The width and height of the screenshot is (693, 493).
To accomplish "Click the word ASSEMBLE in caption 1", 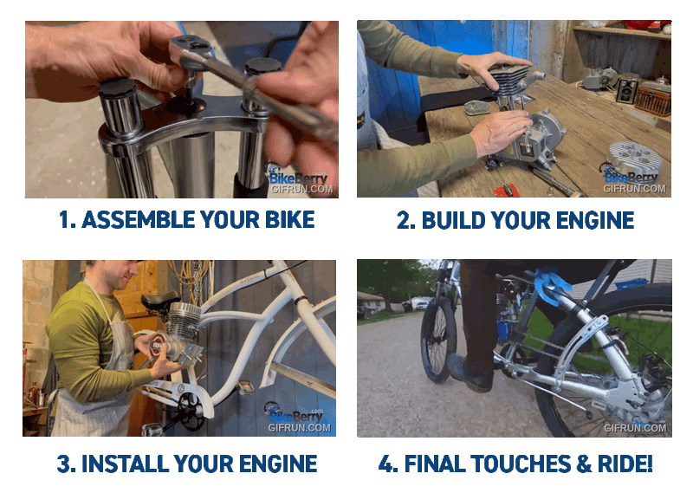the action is [139, 220].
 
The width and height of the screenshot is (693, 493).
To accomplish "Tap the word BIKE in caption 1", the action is [290, 220].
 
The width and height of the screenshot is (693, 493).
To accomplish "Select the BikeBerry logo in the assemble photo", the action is [297, 176].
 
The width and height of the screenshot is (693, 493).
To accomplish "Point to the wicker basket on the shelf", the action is [653, 101].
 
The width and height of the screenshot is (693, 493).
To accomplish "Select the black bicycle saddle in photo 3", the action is [160, 300].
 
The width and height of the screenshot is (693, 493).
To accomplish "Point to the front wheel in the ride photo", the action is [438, 340].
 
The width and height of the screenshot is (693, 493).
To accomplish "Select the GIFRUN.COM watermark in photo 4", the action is [635, 427].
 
